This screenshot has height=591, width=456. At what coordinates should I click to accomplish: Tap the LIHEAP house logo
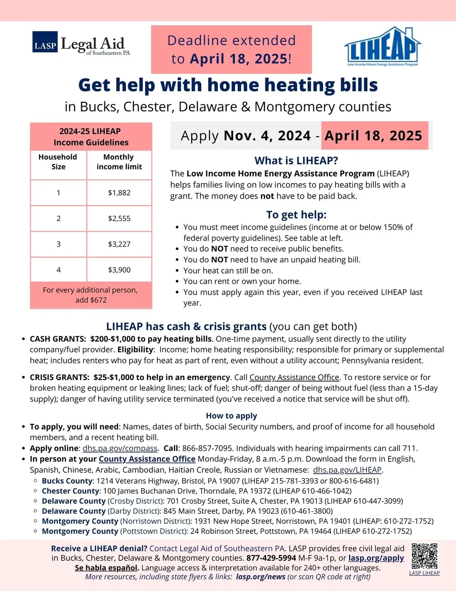[x=382, y=46]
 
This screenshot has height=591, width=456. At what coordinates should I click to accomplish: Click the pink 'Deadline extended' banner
[x=231, y=49]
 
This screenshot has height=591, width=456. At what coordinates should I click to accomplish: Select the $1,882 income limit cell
[x=119, y=193]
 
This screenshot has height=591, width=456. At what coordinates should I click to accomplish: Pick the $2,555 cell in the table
[x=119, y=218]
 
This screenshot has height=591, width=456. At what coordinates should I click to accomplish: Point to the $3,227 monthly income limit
[x=119, y=244]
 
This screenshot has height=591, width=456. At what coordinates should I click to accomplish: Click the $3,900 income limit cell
[x=119, y=270]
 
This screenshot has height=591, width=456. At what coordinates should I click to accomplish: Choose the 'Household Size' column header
[x=58, y=162]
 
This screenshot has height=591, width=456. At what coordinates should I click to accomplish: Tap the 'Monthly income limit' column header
[x=119, y=162]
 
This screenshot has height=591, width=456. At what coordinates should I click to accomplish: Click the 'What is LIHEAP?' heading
[x=296, y=161]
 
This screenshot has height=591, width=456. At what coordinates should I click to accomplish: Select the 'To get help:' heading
[x=296, y=215]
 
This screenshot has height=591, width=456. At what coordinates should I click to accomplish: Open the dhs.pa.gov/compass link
[x=120, y=448]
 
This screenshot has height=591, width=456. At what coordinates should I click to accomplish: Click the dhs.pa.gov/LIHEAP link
[x=347, y=470]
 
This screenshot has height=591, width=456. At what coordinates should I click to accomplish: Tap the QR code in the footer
[x=424, y=556]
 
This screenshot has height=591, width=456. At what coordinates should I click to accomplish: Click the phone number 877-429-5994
[x=271, y=558]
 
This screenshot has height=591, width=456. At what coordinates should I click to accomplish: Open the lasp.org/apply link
[x=376, y=558]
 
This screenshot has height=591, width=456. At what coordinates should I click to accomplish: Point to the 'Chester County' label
[x=70, y=491]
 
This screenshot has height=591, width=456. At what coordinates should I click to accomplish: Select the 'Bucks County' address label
[x=67, y=480]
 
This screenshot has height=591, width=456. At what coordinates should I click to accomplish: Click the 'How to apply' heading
[x=231, y=416]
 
